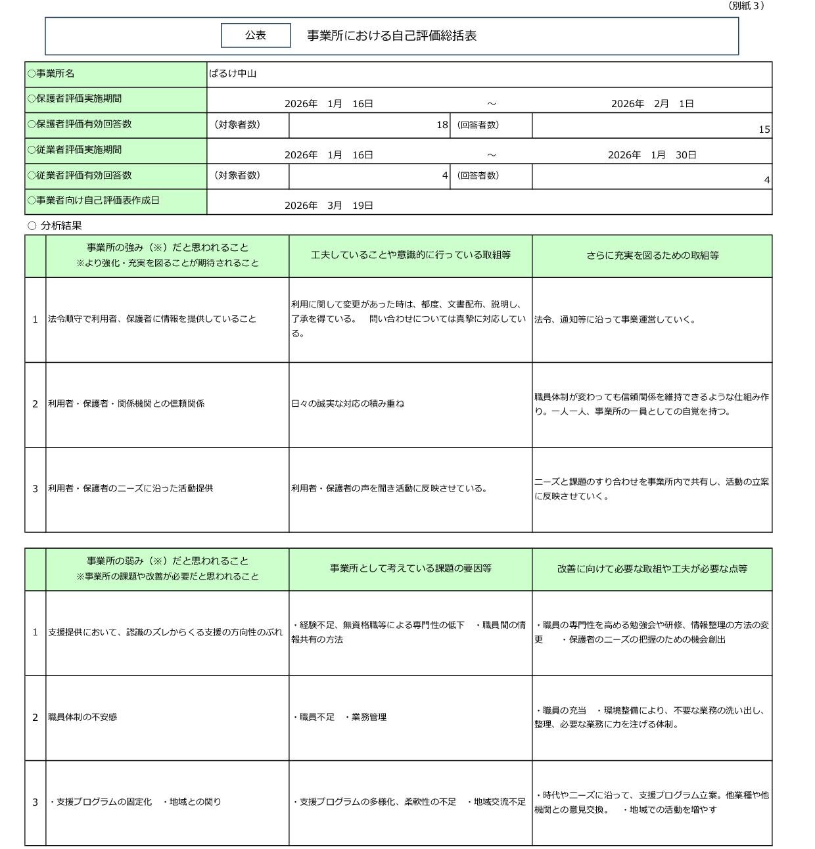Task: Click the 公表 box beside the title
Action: (256, 35)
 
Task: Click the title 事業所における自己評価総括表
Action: (392, 36)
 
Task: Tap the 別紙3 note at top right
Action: (746, 6)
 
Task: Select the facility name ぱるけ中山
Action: (233, 74)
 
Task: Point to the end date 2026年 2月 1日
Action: (652, 104)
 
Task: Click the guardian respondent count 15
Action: (764, 129)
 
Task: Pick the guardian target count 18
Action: (442, 125)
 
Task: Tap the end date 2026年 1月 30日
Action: (651, 155)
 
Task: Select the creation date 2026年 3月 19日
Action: (329, 206)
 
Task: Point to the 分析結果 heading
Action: (60, 226)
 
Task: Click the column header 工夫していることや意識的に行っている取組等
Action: (410, 255)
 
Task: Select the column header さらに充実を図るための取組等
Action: (652, 256)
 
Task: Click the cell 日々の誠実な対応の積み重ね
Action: (348, 403)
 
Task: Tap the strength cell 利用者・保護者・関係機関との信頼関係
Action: (126, 403)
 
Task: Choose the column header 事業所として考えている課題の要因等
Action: (410, 568)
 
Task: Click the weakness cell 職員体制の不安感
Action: (82, 717)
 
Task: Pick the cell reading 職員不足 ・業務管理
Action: (339, 717)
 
